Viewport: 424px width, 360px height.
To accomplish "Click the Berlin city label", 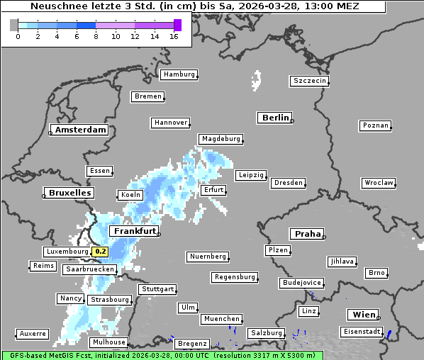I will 275,118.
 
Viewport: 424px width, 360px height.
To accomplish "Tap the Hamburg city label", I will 178,74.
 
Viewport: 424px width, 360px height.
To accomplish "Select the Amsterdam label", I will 80,130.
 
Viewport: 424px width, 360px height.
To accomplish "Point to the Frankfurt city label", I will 134,231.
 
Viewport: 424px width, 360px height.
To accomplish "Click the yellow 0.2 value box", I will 101,252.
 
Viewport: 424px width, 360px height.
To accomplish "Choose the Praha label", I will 308,234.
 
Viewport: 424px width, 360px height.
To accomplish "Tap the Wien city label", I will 363,315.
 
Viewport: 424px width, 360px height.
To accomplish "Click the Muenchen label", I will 221,319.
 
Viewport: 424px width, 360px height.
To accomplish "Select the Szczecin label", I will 310,81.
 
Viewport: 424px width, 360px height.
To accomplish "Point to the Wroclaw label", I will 378,183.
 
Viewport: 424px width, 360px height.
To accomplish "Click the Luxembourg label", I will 67,252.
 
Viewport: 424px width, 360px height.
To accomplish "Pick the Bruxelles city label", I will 69,193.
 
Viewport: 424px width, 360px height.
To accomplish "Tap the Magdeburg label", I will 221,139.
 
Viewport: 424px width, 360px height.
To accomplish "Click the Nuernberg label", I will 208,256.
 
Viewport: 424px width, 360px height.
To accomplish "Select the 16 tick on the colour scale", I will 174,36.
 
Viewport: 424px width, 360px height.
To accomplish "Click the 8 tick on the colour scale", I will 96,36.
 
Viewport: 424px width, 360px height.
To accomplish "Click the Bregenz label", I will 192,343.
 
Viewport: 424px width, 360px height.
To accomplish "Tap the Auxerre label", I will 33,333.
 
